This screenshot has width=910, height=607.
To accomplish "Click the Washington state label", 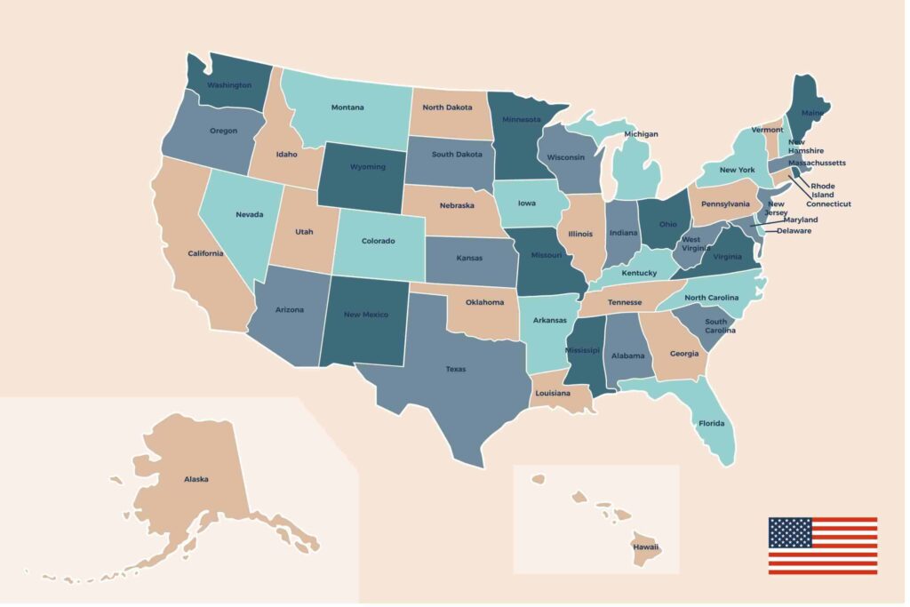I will tap(228, 85).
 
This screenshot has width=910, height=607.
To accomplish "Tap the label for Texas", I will tap(455, 369).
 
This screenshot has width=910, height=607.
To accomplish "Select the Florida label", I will tap(711, 423).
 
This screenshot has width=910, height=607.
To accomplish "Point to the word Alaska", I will tap(196, 479).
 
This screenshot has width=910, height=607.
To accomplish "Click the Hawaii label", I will tap(646, 547).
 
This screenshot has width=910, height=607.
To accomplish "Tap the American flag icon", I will tap(822, 545).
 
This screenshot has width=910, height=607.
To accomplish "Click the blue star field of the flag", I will tap(790, 531).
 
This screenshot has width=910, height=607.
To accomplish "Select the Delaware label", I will tap(794, 231).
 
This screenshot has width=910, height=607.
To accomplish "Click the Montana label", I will tap(347, 108).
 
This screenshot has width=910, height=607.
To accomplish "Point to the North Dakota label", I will tap(448, 108).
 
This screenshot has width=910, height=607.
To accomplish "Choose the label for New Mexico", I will tap(365, 314).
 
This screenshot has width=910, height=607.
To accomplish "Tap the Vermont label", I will tap(767, 130).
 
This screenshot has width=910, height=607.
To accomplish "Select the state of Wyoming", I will tap(367, 166).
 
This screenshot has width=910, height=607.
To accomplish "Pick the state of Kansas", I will tap(469, 258).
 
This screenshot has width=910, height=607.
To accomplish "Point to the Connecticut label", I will tap(828, 204).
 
